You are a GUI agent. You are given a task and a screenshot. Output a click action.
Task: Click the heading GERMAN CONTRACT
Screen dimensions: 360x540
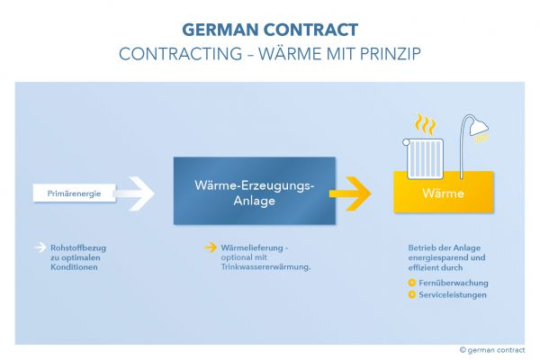269,30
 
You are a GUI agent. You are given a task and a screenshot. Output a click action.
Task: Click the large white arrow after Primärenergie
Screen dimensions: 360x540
135,193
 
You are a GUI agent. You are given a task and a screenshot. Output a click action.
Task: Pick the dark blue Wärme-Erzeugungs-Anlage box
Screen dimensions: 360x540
254,191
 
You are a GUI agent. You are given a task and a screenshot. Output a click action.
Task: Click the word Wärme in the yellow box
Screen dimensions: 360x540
443,193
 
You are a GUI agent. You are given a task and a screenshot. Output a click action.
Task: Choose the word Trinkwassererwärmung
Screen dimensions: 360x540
260,266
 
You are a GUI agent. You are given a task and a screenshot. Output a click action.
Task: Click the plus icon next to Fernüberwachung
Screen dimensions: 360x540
411,283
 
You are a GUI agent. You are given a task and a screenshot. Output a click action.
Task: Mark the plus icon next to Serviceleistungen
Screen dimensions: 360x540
411,294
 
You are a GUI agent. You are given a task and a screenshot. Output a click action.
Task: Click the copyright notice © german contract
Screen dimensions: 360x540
491,350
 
